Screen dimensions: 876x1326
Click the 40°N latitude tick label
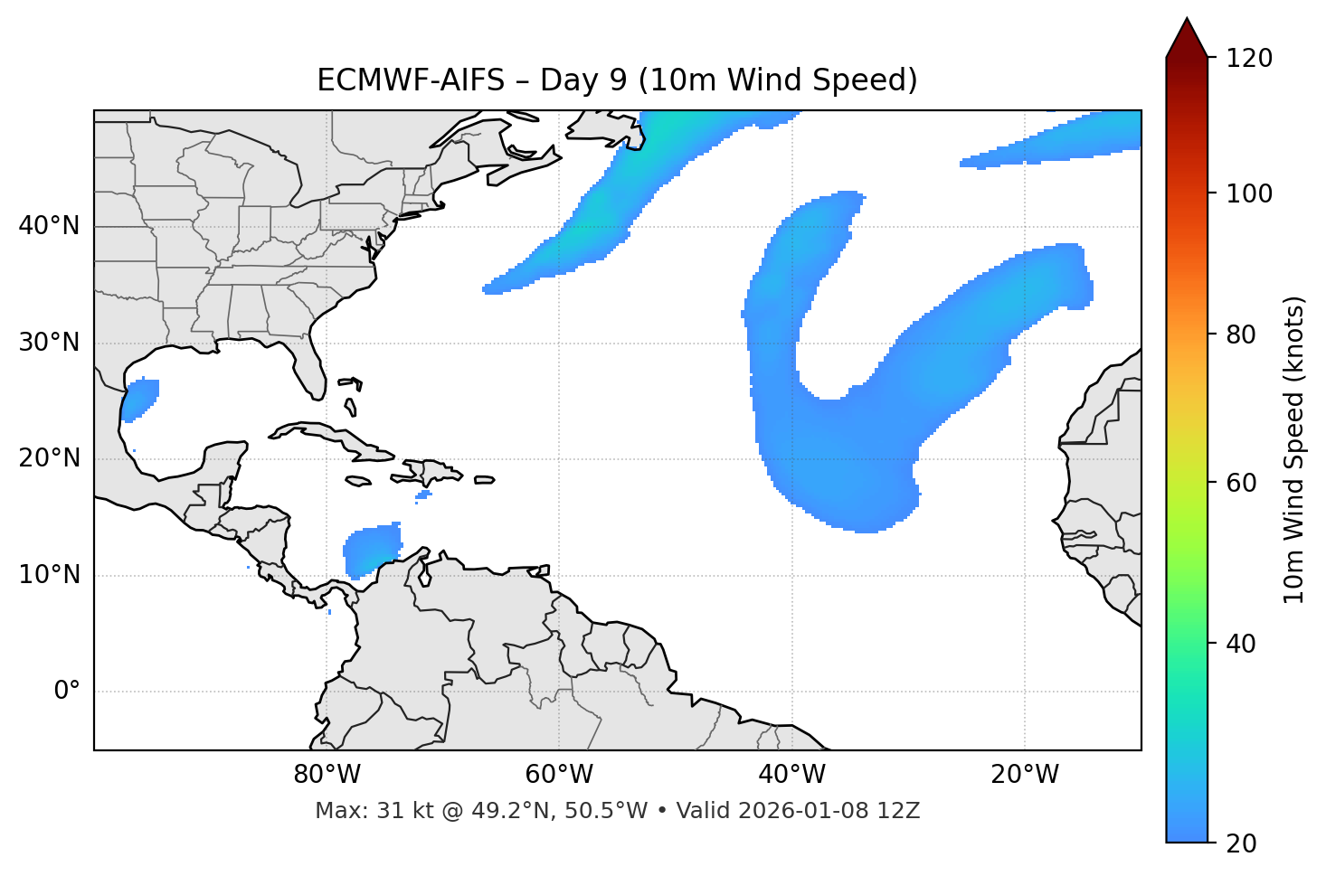pyautogui.click(x=49, y=226)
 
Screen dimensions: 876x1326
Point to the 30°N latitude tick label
pyautogui.click(x=49, y=343)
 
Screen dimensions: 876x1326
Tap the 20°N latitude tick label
pyautogui.click(x=49, y=458)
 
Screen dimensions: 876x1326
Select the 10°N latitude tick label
pyautogui.click(x=49, y=575)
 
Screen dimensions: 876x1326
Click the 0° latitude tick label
pyautogui.click(x=67, y=692)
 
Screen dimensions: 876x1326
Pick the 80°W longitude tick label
pyautogui.click(x=327, y=775)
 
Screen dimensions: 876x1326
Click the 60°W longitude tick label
pyautogui.click(x=559, y=775)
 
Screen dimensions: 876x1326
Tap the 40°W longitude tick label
pyautogui.click(x=791, y=775)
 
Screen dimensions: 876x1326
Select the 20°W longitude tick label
pyautogui.click(x=1025, y=775)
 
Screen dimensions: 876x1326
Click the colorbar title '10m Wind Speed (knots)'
pyautogui.click(x=1294, y=450)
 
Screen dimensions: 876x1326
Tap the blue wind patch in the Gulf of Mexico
pyautogui.click(x=140, y=399)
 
